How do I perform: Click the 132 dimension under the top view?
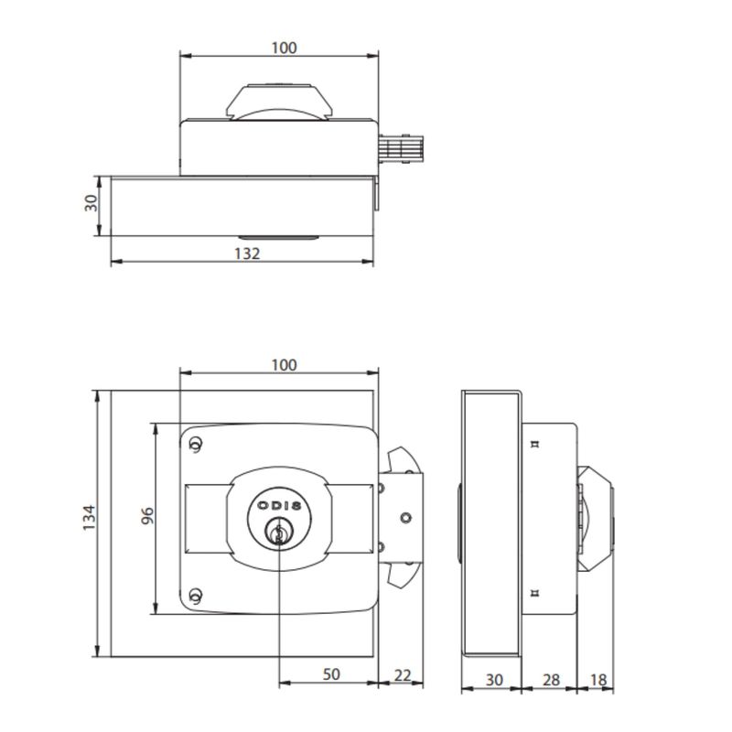point(247,253)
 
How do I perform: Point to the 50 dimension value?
point(330,674)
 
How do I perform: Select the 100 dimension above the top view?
point(285,48)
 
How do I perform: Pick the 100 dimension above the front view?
point(285,365)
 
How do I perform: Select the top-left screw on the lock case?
point(195,445)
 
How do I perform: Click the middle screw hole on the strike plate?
point(405,520)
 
